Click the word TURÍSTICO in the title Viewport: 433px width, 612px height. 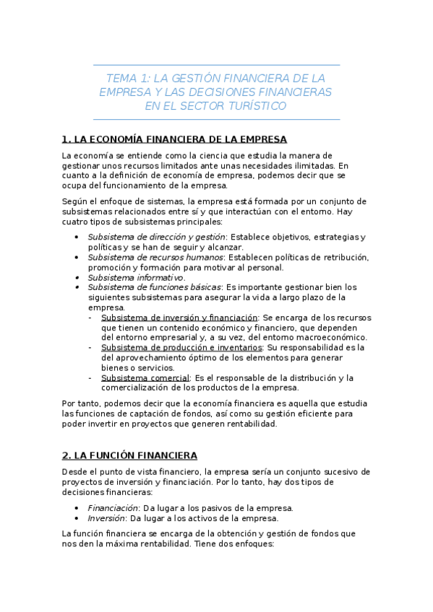tap(257, 106)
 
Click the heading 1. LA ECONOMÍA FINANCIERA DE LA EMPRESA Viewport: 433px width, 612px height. tap(174, 139)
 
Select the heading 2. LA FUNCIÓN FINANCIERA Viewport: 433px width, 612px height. tap(130, 455)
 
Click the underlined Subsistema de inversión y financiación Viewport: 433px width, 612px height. tap(179, 318)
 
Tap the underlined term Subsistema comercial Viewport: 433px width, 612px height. tap(145, 377)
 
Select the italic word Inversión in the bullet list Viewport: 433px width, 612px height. tap(107, 518)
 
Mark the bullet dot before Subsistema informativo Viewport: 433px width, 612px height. tap(77, 277)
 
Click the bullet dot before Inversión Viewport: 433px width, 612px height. tap(77, 518)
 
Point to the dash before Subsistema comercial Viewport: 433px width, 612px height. tap(90, 377)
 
